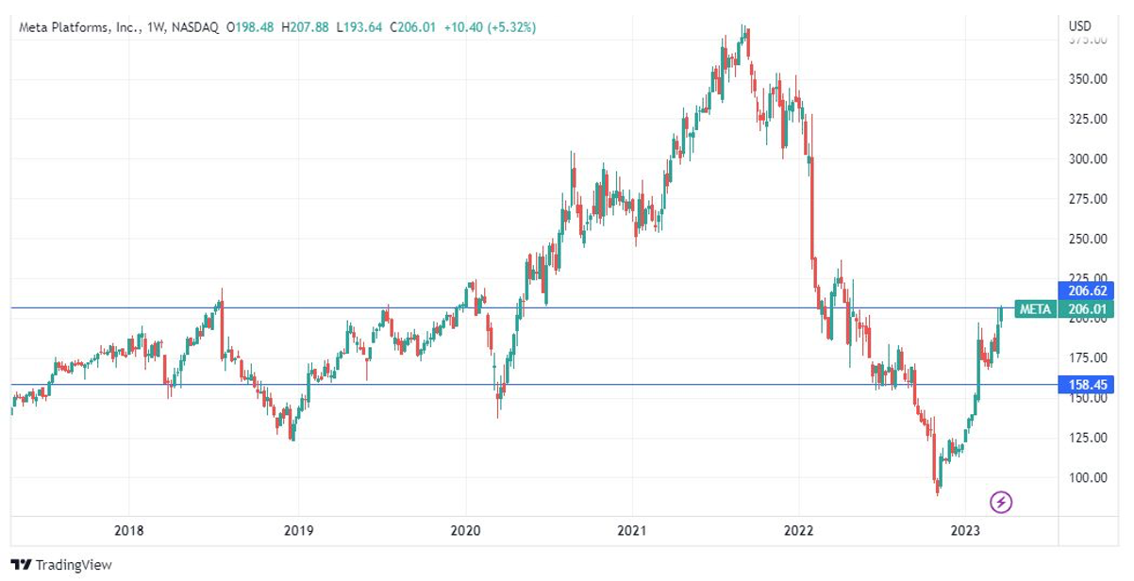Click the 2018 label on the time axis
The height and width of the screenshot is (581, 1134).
[130, 531]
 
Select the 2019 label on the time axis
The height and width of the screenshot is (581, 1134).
[298, 531]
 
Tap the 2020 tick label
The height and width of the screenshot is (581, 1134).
[466, 531]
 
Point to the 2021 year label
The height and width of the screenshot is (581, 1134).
[632, 531]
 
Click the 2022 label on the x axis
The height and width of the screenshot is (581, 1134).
[799, 531]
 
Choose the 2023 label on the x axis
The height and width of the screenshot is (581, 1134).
[966, 531]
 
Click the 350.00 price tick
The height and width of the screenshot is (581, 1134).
[1088, 79]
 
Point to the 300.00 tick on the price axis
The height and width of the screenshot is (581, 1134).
[1088, 158]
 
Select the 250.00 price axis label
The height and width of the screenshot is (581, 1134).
[1088, 239]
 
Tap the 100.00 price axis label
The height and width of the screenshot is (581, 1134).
[1088, 477]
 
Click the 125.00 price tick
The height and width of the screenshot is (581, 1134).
[1088, 438]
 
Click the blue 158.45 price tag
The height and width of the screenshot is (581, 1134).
[1088, 385]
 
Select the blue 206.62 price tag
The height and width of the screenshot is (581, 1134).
[1088, 291]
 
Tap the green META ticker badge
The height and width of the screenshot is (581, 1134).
[1034, 308]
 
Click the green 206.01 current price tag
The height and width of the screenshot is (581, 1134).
[1088, 308]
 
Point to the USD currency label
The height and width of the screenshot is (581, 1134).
[1080, 25]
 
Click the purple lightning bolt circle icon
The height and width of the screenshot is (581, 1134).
[1001, 502]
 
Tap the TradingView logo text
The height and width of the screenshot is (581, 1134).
[73, 564]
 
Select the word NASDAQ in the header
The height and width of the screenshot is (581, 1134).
[193, 27]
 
